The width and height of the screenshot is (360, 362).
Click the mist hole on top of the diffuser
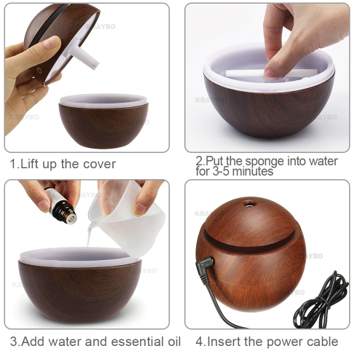pyautogui.click(x=249, y=204)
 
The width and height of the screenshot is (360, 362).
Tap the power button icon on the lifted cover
pyautogui.click(x=39, y=71)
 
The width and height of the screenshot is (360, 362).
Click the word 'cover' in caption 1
pyautogui.click(x=99, y=165)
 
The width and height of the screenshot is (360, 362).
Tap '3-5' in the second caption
pyautogui.click(x=220, y=171)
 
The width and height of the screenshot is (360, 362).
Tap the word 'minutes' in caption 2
pyautogui.click(x=252, y=171)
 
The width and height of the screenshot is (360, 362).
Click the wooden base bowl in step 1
pyautogui.click(x=103, y=121)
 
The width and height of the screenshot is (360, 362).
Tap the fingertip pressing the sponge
pyautogui.click(x=271, y=74)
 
